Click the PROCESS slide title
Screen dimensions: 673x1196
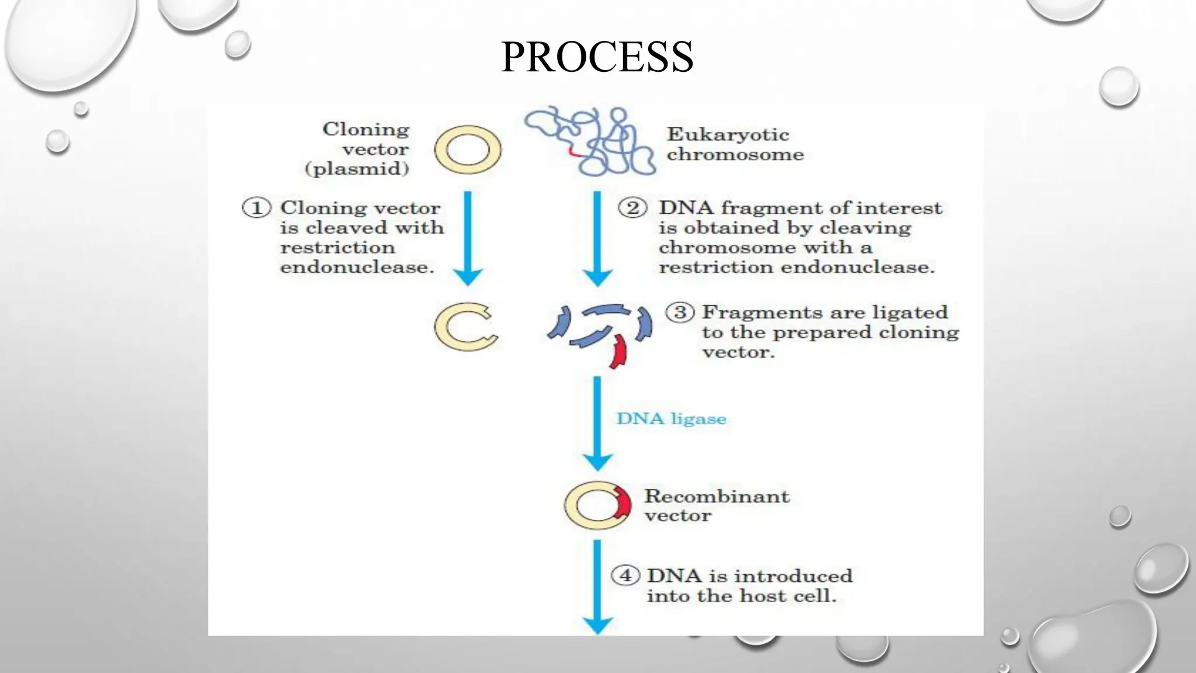[x=597, y=57]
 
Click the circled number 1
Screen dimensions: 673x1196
[x=256, y=208]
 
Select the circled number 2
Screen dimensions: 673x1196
[x=632, y=208]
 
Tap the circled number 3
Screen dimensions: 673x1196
[x=680, y=313]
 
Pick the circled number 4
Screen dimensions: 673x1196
[x=625, y=575]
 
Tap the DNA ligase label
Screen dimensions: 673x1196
[x=671, y=419]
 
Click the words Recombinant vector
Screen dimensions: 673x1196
[x=716, y=505]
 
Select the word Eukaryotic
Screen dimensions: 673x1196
[x=727, y=135]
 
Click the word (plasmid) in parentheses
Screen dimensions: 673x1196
[x=357, y=169]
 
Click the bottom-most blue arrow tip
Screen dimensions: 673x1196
[x=597, y=627]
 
